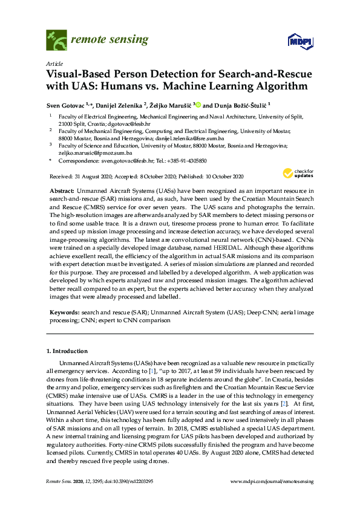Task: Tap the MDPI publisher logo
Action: pyautogui.click(x=296, y=41)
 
